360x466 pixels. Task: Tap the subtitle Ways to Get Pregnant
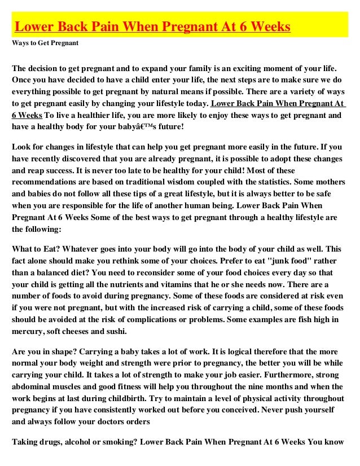[x=45, y=43]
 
